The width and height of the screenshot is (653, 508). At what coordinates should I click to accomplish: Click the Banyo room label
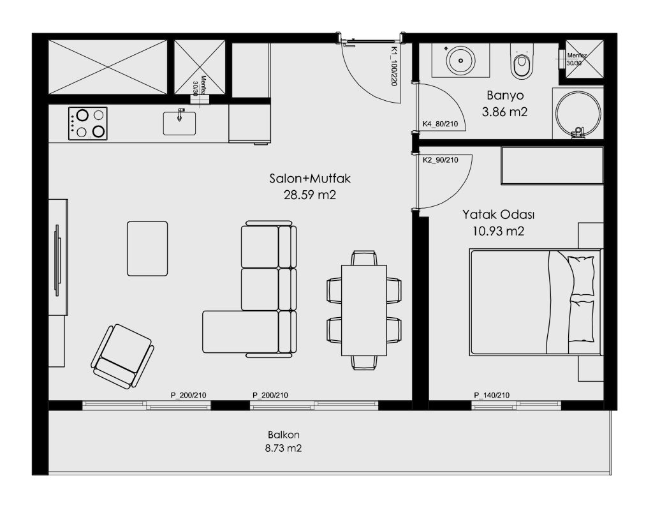[x=505, y=96]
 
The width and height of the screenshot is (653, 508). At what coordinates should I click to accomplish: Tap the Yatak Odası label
[x=499, y=215]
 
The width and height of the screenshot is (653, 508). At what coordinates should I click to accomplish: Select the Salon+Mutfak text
[x=310, y=179]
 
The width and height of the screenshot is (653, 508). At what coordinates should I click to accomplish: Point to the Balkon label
[x=284, y=435]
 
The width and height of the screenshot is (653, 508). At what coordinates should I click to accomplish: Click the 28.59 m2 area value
[x=310, y=195]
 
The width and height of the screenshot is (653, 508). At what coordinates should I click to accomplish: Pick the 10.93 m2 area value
[x=499, y=231]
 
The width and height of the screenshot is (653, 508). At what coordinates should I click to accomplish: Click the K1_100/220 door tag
[x=393, y=66]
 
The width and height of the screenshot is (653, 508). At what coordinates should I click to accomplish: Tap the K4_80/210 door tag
[x=440, y=124]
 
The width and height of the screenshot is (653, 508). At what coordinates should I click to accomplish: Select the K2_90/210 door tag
[x=440, y=160]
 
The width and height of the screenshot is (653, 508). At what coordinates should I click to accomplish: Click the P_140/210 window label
[x=492, y=395]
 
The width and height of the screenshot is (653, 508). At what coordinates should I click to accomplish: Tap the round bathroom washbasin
[x=460, y=61]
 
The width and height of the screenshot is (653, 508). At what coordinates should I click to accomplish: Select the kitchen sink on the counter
[x=179, y=123]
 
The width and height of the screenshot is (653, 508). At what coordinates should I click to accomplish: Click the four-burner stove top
[x=88, y=123]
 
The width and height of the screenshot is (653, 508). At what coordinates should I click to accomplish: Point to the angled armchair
[x=122, y=356]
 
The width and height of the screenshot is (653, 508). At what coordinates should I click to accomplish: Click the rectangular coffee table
[x=147, y=248]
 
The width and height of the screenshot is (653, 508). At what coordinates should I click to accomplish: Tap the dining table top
[x=364, y=310]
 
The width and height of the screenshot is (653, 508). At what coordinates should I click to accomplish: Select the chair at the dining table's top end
[x=364, y=258]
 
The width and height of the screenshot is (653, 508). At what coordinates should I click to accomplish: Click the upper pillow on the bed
[x=582, y=276]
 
